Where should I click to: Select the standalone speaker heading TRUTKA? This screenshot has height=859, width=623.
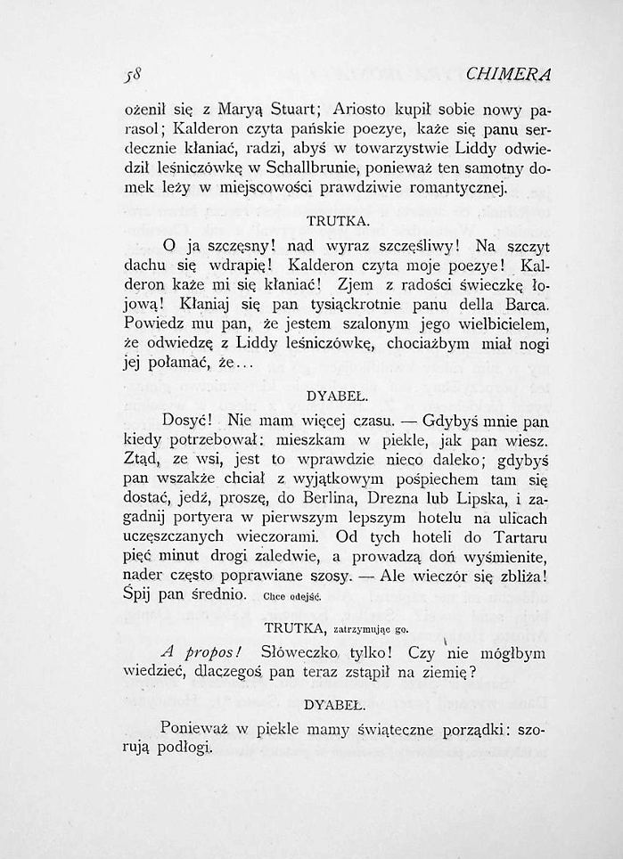point(332,220)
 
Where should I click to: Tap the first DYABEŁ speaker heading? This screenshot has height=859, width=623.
point(331,394)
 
